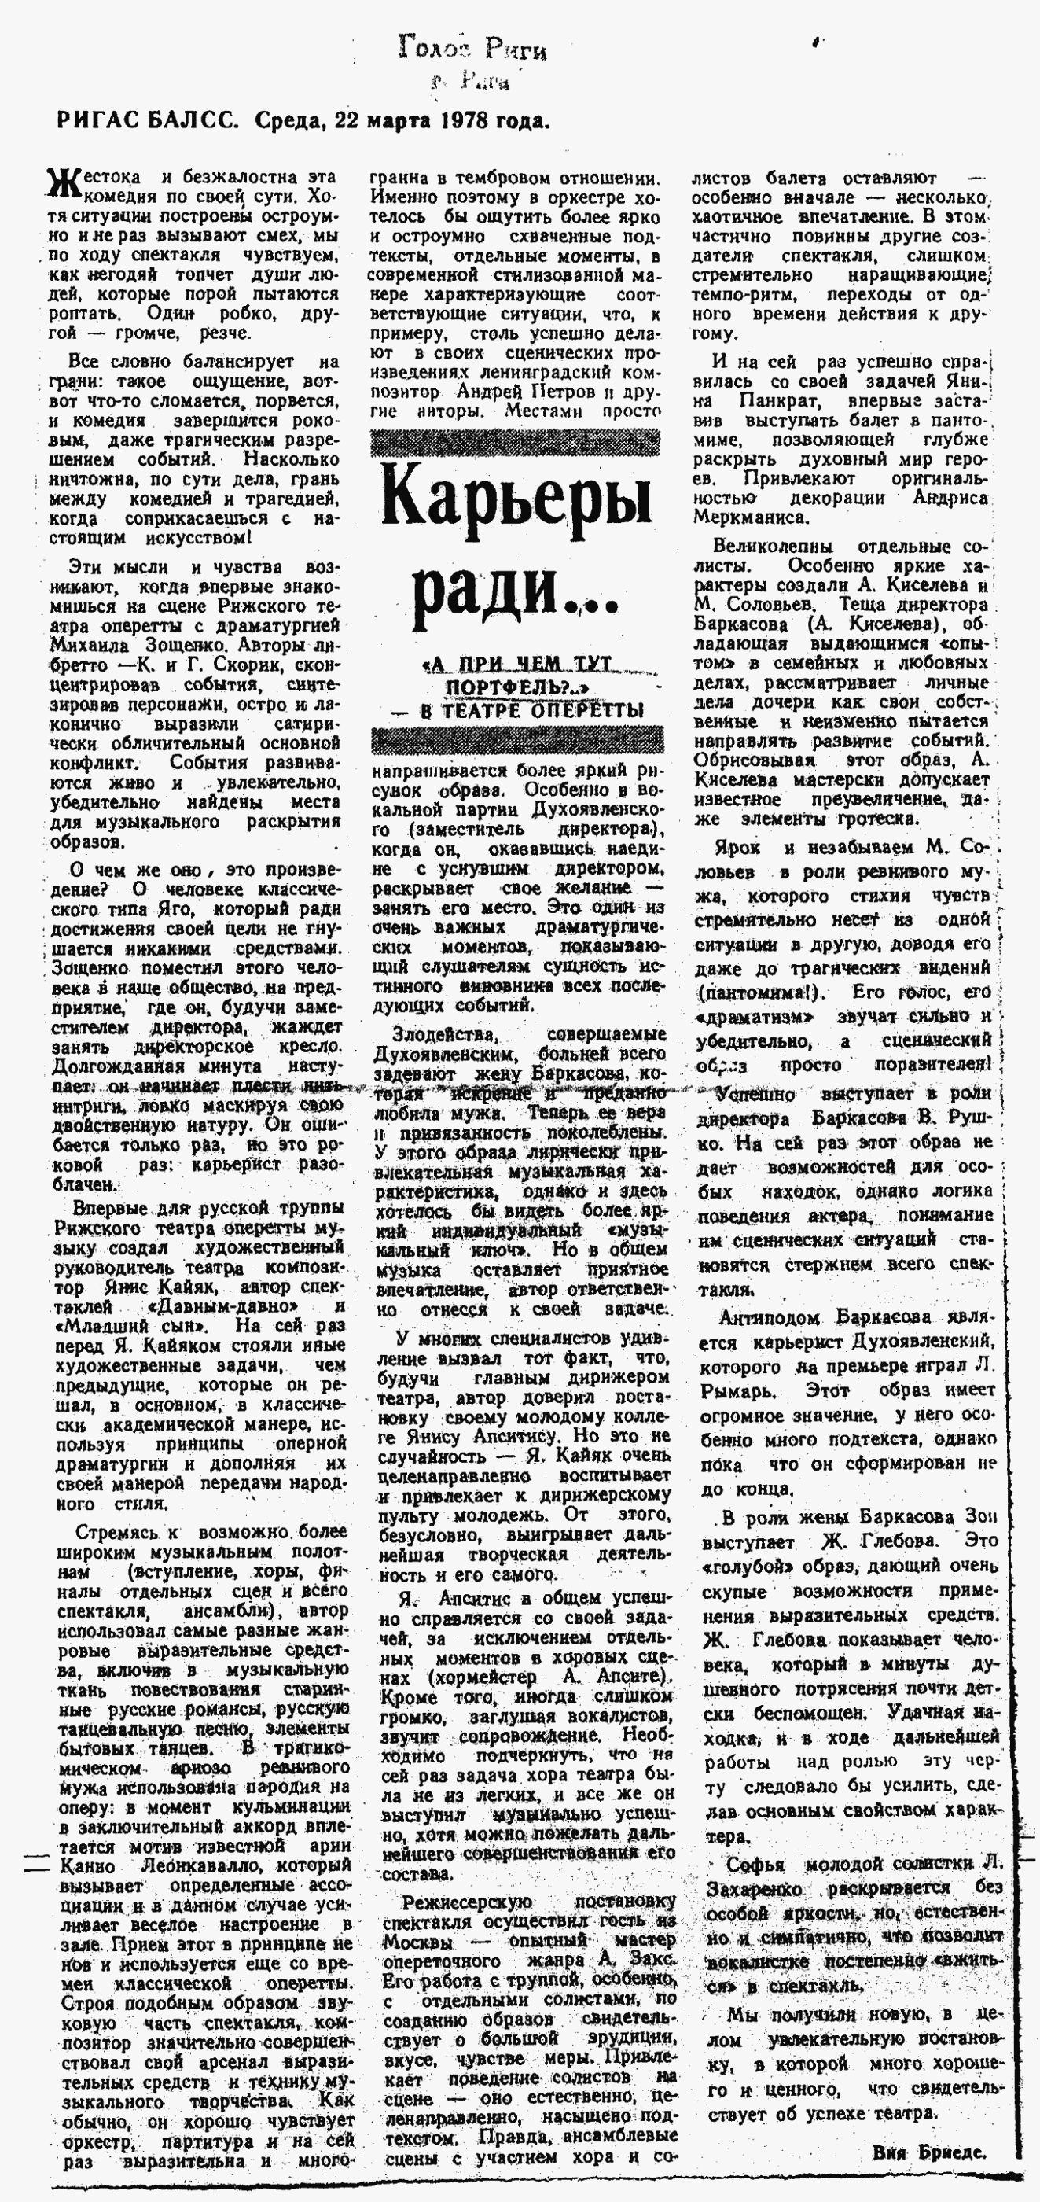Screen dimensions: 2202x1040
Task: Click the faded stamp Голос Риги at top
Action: (x=471, y=50)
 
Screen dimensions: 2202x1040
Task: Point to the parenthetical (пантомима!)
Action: (x=757, y=992)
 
